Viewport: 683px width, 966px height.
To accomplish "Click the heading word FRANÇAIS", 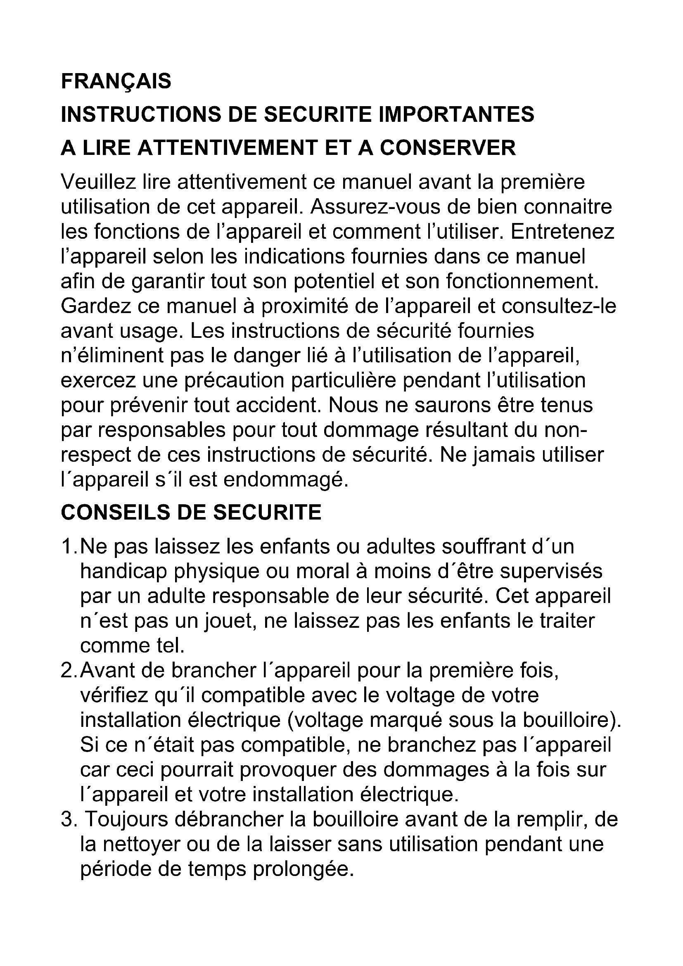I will coord(116,81).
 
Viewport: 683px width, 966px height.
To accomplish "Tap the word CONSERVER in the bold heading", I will coord(448,148).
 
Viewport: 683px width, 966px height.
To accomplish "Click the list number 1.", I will coord(67,546).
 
